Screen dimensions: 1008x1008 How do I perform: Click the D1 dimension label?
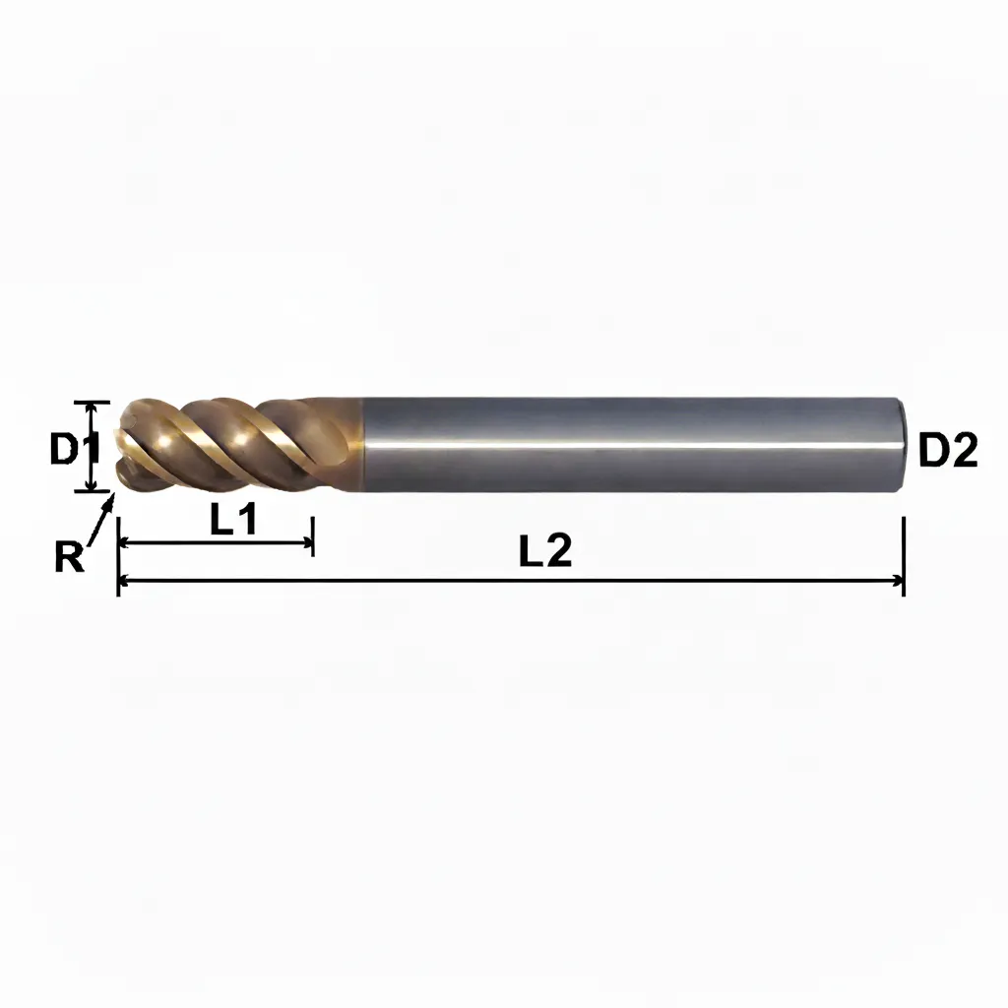tap(74, 448)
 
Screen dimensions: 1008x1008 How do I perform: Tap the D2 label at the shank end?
tap(948, 449)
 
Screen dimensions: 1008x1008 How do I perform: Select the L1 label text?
tap(233, 520)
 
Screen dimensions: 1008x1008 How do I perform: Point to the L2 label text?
tap(545, 550)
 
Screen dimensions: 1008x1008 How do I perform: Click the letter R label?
tap(69, 557)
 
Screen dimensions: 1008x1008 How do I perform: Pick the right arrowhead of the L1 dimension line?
tap(305, 543)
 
